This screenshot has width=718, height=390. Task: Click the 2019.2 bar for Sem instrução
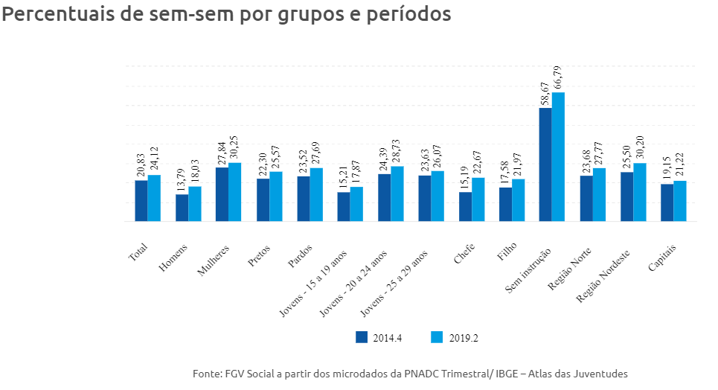pyautogui.click(x=559, y=157)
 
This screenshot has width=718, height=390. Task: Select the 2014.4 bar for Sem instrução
pyautogui.click(x=545, y=164)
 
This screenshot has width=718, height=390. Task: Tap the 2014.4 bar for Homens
pyautogui.click(x=182, y=208)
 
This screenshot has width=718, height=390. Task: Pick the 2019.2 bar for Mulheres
pyautogui.click(x=235, y=192)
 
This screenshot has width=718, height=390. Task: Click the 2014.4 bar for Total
pyautogui.click(x=141, y=201)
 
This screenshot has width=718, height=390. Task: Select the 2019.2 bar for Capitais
pyautogui.click(x=680, y=201)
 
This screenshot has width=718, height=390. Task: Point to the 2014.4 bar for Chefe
pyautogui.click(x=465, y=206)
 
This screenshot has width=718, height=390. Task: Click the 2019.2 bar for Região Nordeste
pyautogui.click(x=640, y=192)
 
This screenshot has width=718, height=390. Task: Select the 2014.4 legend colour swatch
pyautogui.click(x=362, y=337)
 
